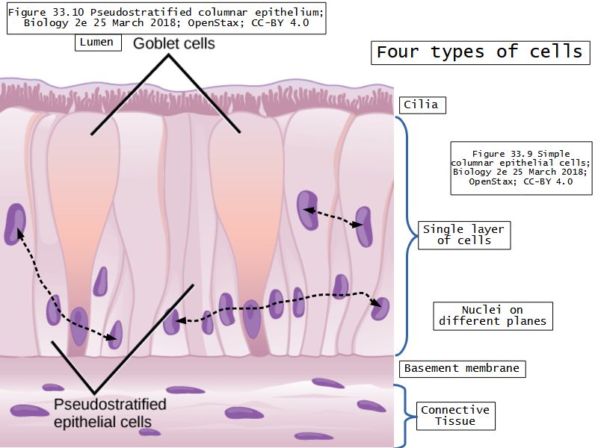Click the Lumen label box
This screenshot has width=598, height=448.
tap(96, 43)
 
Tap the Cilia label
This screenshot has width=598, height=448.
tap(423, 105)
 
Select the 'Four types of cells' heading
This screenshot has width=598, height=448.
tap(478, 52)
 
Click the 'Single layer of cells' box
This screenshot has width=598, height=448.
tap(463, 234)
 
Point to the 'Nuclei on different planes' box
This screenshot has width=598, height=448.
tap(492, 316)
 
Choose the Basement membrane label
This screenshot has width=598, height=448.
tap(461, 368)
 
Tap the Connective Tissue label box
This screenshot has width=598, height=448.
tap(455, 416)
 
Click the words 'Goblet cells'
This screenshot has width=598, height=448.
tap(174, 43)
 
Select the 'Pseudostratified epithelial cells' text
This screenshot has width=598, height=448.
tap(110, 413)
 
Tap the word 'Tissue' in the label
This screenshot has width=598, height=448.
tap(455, 422)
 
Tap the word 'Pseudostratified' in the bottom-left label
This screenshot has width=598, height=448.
tap(110, 405)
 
